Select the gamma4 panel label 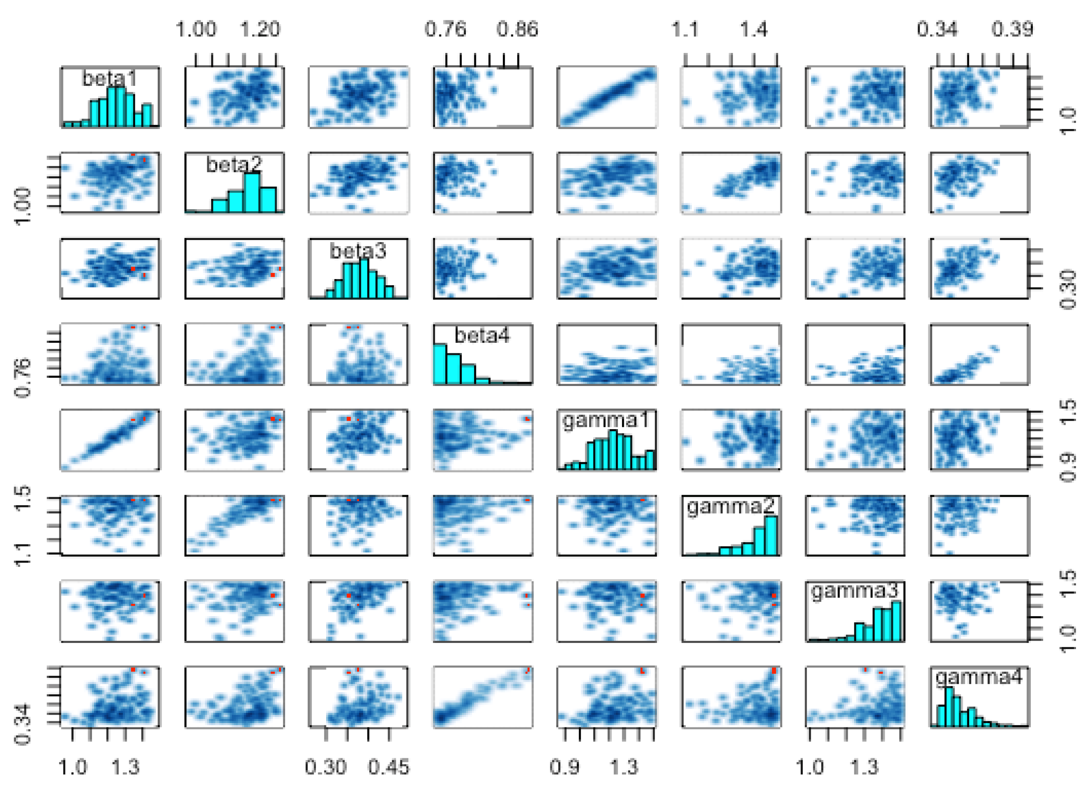[979, 677]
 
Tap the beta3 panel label [358, 250]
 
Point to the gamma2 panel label [731, 506]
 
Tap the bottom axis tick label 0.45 [389, 767]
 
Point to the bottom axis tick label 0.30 [326, 767]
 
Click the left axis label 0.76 [23, 378]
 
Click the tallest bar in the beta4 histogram [439, 364]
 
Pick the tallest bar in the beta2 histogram [252, 192]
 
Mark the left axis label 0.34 [23, 724]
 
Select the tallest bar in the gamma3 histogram [896, 621]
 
